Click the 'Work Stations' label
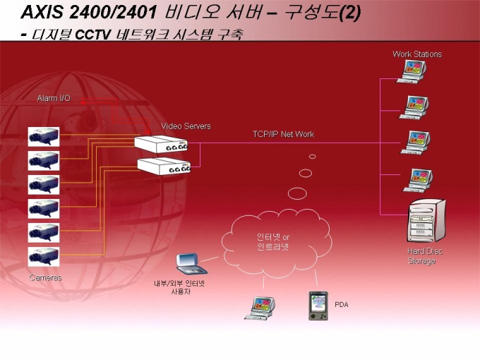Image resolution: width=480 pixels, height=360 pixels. (416, 54)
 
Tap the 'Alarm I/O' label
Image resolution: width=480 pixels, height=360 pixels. (54, 98)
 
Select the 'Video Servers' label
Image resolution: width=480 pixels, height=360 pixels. (186, 126)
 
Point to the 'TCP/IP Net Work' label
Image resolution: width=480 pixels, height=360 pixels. (283, 134)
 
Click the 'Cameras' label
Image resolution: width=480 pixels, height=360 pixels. (45, 277)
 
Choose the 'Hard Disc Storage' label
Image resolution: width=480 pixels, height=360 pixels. (425, 256)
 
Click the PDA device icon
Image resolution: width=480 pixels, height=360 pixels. (318, 305)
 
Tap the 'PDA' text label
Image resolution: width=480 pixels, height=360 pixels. (342, 305)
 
